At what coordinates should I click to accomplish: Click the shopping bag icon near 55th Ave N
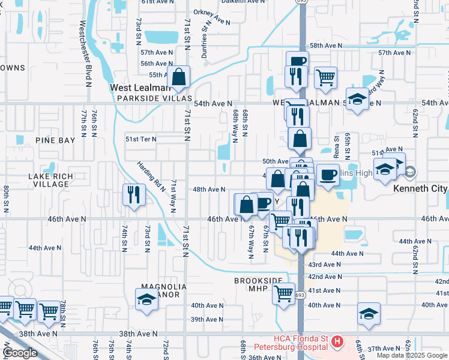coord(179,77)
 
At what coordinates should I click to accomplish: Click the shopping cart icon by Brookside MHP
coord(284,294)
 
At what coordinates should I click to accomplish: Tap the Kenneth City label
coord(420,188)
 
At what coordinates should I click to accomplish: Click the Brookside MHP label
coord(258,284)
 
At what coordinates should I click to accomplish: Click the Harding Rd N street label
coord(151,175)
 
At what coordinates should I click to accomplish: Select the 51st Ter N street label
coord(140,139)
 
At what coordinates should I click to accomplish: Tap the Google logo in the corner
coord(20,353)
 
